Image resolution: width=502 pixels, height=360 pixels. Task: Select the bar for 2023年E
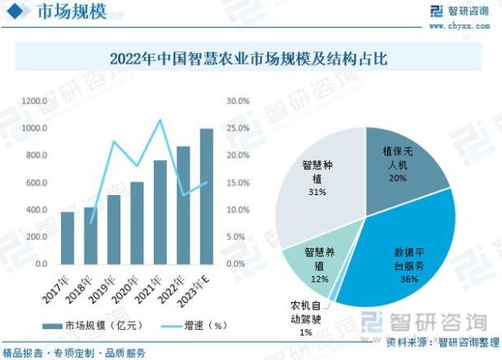pos(206,196)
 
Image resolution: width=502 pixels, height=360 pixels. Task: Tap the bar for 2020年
pos(137,223)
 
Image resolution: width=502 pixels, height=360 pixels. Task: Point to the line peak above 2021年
pos(160,120)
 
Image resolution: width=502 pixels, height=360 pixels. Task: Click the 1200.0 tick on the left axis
pos(34,101)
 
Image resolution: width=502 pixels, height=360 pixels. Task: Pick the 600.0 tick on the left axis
pos(36,183)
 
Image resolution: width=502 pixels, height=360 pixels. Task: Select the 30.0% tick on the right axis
pos(238,101)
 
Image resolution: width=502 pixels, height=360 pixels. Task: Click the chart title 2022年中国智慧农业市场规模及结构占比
pos(251,59)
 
